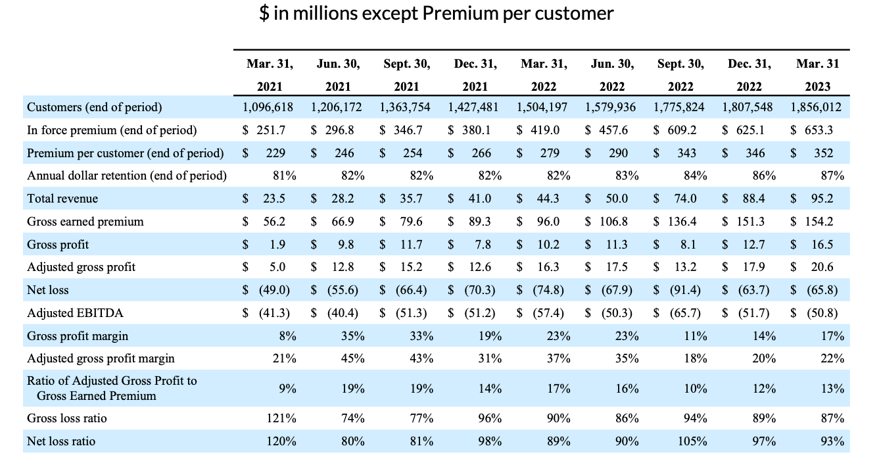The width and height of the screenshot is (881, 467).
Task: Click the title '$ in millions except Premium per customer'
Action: (x=437, y=14)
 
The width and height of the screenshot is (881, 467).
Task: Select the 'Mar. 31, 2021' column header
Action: (x=270, y=75)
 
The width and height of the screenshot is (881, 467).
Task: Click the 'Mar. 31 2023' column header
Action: (x=817, y=75)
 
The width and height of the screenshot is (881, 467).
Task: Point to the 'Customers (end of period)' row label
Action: (x=94, y=107)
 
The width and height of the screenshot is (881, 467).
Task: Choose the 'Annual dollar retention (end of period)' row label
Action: (x=126, y=176)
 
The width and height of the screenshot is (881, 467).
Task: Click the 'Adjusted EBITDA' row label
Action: (x=75, y=313)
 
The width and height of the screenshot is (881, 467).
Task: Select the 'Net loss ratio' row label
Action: (x=60, y=441)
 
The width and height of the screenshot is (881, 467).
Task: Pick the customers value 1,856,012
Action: (x=817, y=107)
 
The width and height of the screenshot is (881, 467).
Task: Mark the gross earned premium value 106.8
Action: (x=616, y=222)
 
